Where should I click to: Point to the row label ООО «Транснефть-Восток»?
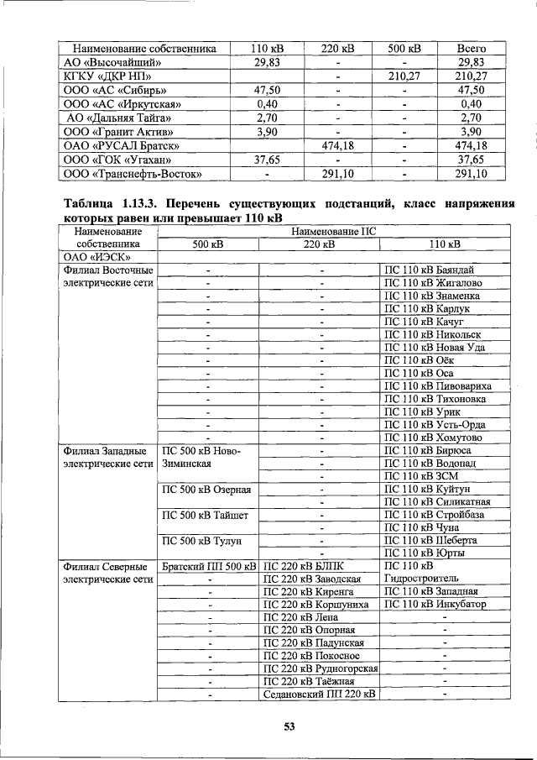click(134, 174)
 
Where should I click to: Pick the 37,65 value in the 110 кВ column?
click(266, 160)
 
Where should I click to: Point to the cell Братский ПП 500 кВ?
click(208, 566)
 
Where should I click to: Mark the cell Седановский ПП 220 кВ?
click(319, 694)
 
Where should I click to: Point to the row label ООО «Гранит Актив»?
click(119, 132)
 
